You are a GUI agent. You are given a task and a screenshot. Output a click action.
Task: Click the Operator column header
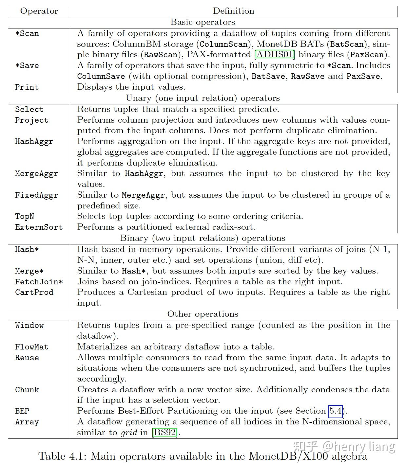(x=39, y=11)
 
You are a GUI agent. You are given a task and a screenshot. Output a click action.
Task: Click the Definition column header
(x=233, y=11)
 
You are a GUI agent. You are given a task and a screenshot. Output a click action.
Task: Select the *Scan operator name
(x=27, y=33)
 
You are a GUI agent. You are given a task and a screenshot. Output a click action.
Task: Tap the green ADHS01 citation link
(x=275, y=54)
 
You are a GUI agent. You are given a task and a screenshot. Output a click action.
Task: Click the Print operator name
(x=27, y=87)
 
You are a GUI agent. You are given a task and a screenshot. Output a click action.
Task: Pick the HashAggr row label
(x=34, y=141)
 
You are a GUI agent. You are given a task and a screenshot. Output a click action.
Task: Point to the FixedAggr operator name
(x=36, y=195)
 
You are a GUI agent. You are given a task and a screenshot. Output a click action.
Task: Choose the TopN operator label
(x=24, y=216)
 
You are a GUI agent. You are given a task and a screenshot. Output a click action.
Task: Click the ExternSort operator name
(x=39, y=227)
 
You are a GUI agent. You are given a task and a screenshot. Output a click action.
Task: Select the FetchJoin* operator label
(x=39, y=281)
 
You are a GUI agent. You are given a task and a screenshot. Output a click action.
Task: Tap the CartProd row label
(x=34, y=292)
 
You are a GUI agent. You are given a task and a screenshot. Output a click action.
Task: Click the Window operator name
(x=29, y=325)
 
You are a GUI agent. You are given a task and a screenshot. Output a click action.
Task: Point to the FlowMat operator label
(x=31, y=347)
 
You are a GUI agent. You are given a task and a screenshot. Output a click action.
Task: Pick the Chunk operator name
(x=27, y=390)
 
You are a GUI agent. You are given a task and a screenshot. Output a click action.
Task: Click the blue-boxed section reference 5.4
(x=336, y=411)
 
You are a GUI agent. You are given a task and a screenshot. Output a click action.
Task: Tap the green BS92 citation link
(x=165, y=433)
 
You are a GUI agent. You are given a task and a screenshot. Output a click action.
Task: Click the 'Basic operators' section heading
(x=202, y=22)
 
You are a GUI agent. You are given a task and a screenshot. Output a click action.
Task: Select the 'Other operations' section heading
(x=202, y=314)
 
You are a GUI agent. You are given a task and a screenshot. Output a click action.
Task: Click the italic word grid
(x=129, y=433)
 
